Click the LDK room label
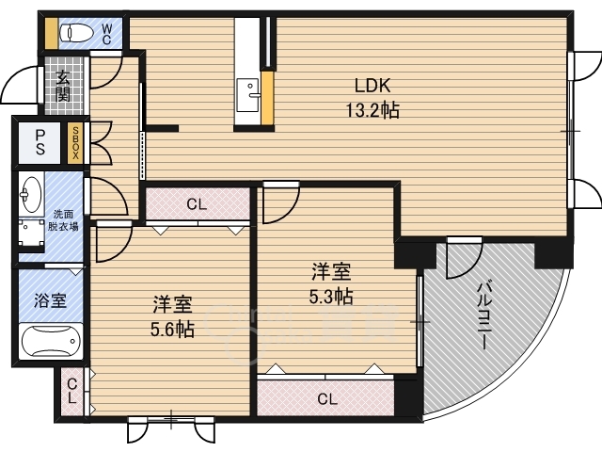point(372,82)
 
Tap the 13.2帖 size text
point(372,110)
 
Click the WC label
point(106,34)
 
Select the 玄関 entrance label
point(62,87)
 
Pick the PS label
point(40,142)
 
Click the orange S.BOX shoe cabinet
point(75,142)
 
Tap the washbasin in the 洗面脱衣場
point(32,195)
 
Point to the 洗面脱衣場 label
point(64,220)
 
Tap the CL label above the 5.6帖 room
point(197,203)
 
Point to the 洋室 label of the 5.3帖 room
point(332,273)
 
